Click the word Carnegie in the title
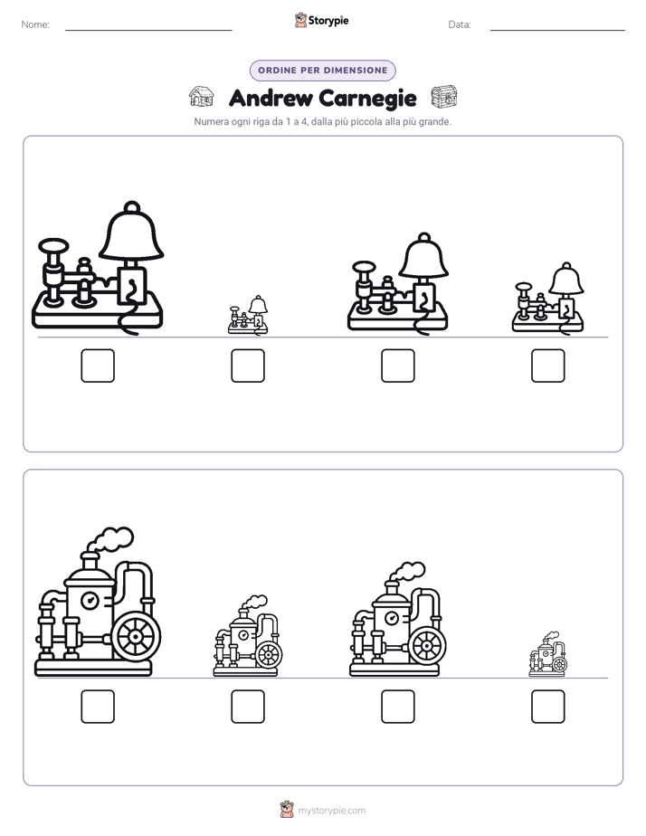tap(367, 99)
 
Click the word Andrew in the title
tap(271, 98)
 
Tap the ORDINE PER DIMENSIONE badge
tap(322, 71)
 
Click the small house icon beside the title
tap(202, 97)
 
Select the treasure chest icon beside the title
tap(444, 97)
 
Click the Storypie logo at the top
tap(321, 20)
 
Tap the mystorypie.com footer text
tap(331, 811)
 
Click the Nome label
tap(35, 24)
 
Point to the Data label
tap(460, 24)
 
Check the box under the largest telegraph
tap(98, 366)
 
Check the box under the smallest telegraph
tap(248, 366)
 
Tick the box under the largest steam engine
tap(98, 707)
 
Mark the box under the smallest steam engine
tap(548, 707)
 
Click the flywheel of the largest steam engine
tap(137, 637)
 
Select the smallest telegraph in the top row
tap(248, 315)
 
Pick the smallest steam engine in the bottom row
tap(548, 654)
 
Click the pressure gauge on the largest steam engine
tap(90, 602)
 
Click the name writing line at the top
tap(148, 30)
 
